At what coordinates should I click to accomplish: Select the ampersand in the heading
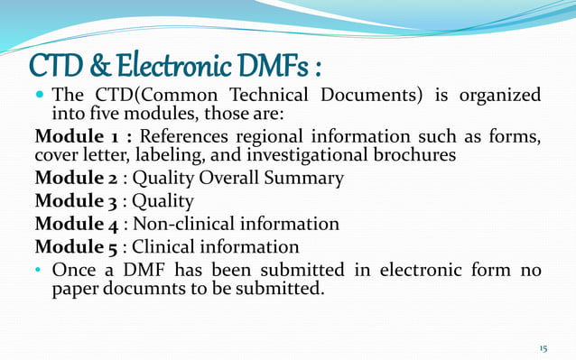pyautogui.click(x=102, y=65)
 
